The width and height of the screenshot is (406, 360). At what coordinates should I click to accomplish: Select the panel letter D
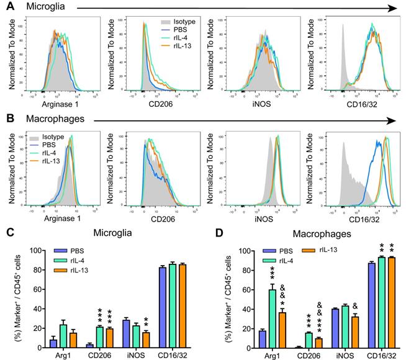pyautogui.click(x=210, y=233)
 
